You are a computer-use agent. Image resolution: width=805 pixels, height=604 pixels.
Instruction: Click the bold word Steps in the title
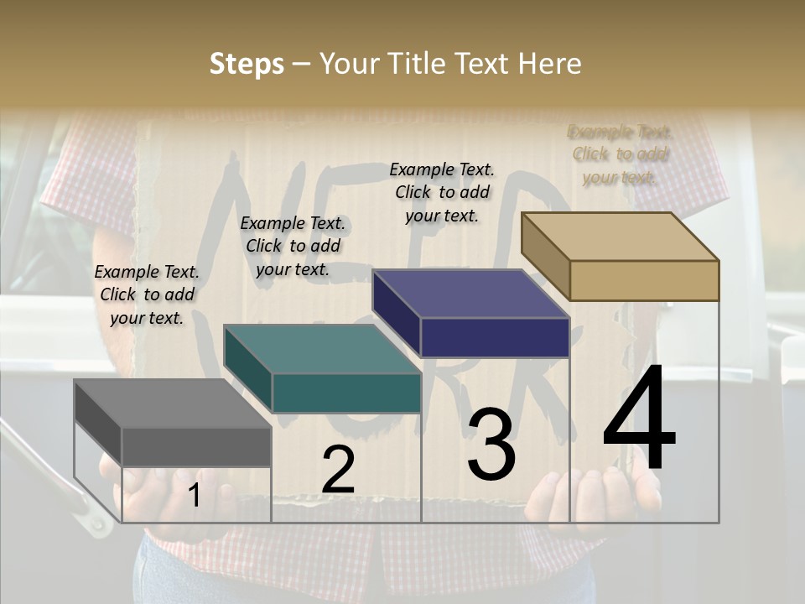247,64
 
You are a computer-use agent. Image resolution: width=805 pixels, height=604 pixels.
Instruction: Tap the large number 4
640,419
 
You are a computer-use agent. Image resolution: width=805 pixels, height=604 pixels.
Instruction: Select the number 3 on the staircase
491,445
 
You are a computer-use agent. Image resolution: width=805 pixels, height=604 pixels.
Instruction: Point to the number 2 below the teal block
338,470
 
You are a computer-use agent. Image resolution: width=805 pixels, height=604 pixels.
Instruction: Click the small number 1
194,496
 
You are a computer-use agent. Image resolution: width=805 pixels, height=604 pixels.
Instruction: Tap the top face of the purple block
470,294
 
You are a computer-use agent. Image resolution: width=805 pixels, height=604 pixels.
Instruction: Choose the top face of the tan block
620,237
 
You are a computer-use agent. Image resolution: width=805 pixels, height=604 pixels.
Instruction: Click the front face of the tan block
644,280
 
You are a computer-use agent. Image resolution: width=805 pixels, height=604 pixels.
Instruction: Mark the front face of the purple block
495,337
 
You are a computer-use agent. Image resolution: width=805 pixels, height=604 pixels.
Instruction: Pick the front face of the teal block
346,393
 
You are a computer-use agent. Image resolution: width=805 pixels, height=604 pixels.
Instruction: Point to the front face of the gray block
196,446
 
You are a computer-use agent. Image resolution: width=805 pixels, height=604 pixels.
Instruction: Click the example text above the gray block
147,294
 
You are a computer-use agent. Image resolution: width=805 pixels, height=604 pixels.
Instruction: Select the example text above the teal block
293,246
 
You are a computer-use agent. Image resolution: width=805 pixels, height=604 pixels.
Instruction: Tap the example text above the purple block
442,192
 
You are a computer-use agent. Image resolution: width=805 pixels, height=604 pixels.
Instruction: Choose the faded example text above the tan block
620,154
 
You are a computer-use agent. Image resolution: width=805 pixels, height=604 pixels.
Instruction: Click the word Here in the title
550,64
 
